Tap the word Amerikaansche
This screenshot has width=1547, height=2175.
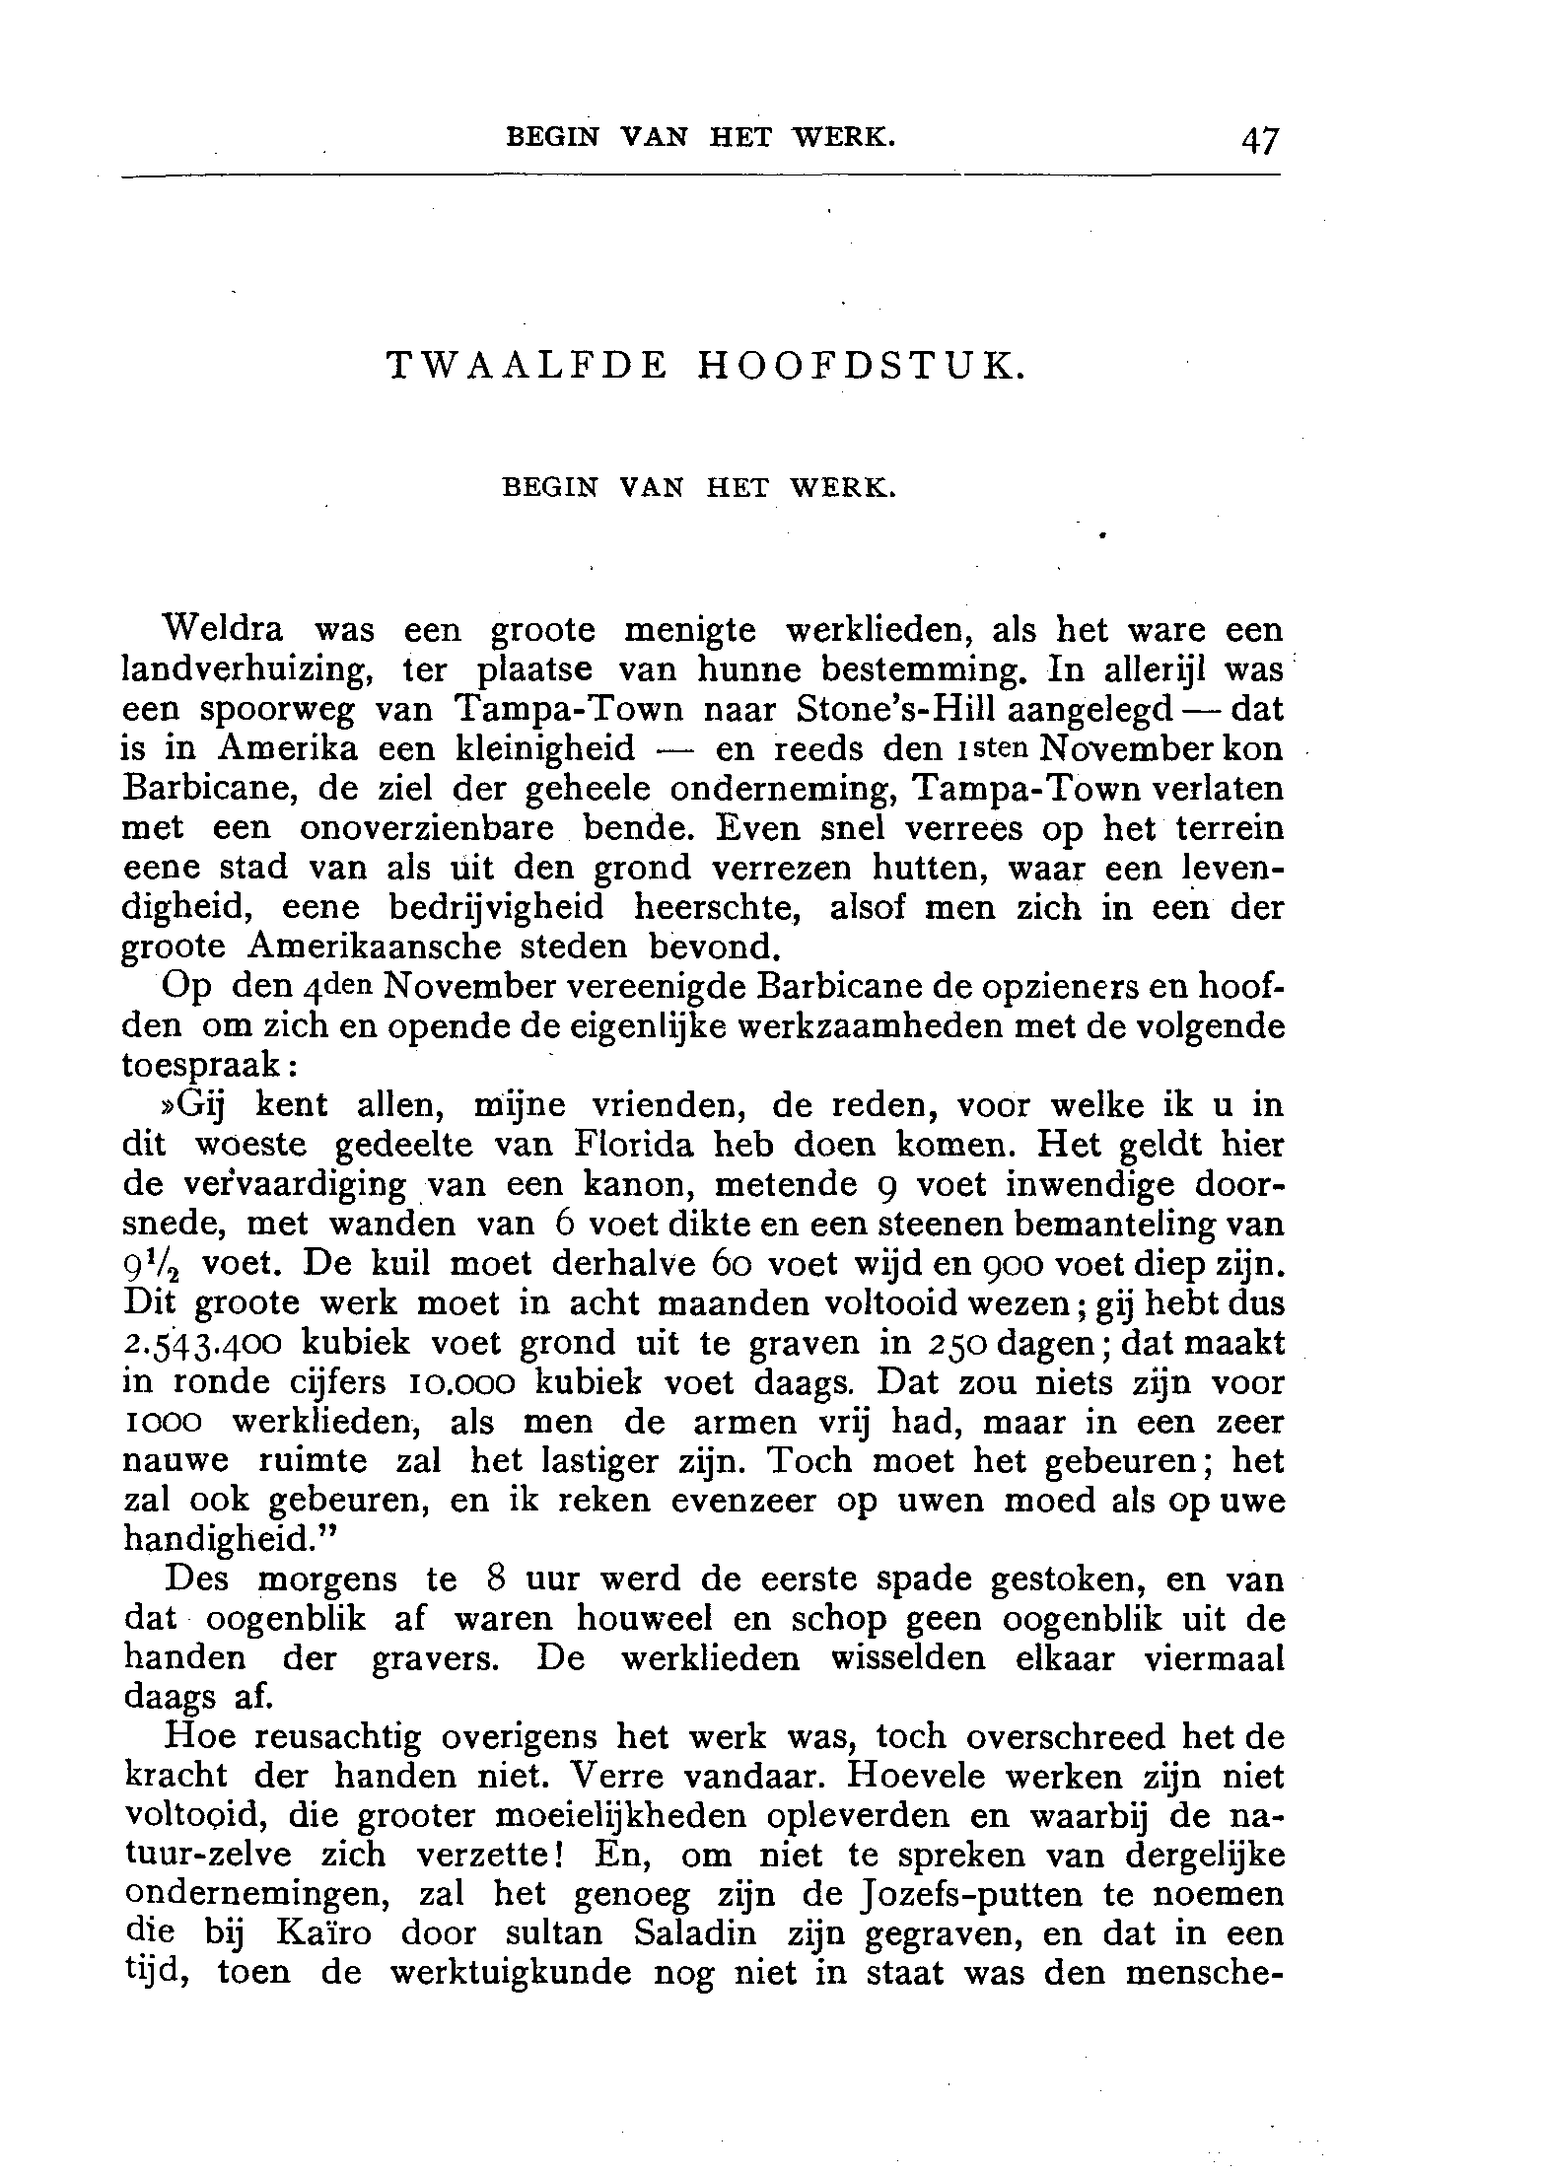(373, 947)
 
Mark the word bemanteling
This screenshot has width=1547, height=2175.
(1122, 1225)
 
